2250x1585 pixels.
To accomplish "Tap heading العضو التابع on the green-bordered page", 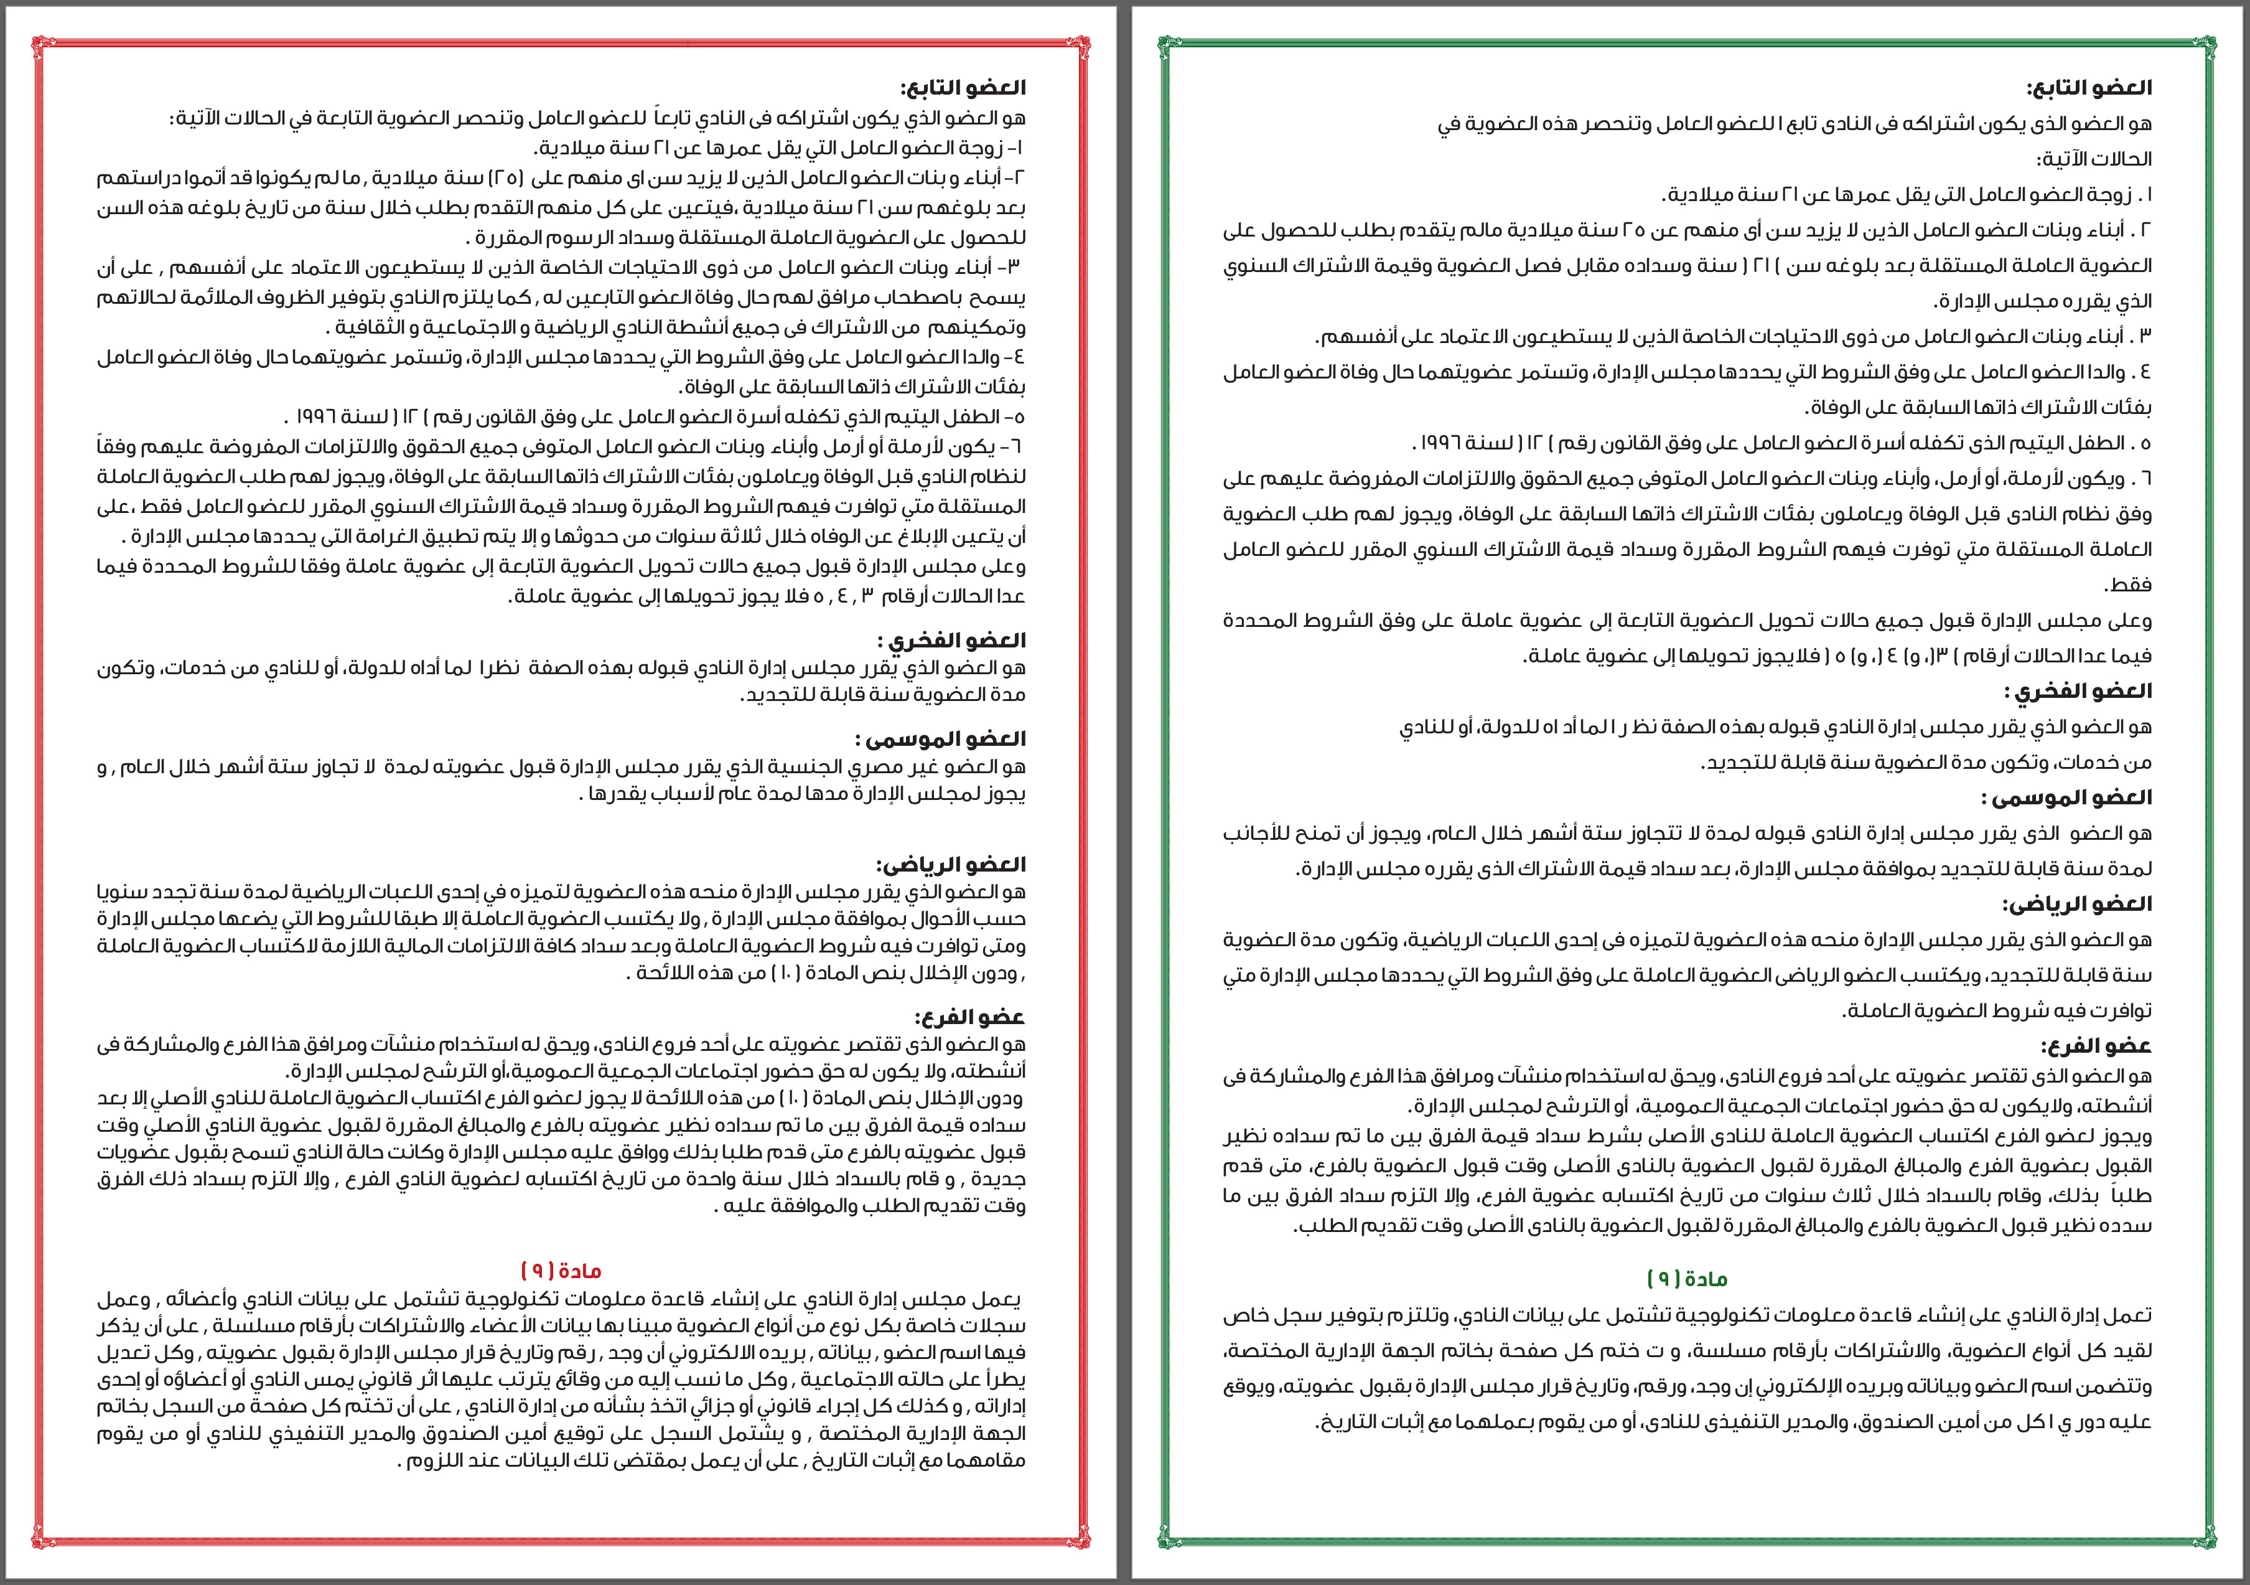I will point(2089,87).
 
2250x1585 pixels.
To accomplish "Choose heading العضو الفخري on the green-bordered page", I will point(2078,691).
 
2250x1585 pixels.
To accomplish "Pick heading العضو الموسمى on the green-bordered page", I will point(2066,797).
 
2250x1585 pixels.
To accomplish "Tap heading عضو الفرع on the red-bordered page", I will point(970,1017).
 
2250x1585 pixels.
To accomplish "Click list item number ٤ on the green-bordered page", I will point(2144,372).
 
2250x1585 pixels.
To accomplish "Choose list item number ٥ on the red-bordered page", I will point(1018,416).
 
